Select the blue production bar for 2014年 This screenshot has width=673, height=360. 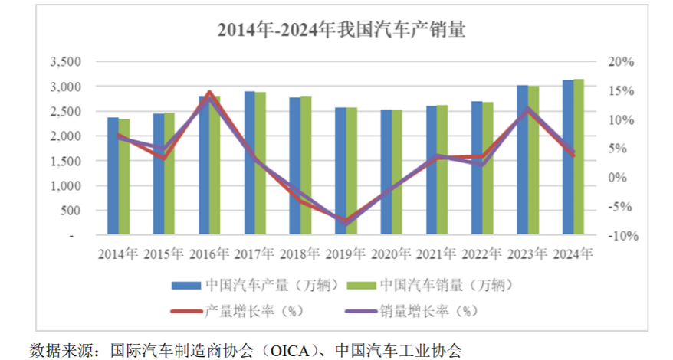[113, 176]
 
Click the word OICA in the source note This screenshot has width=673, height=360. [291, 350]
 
